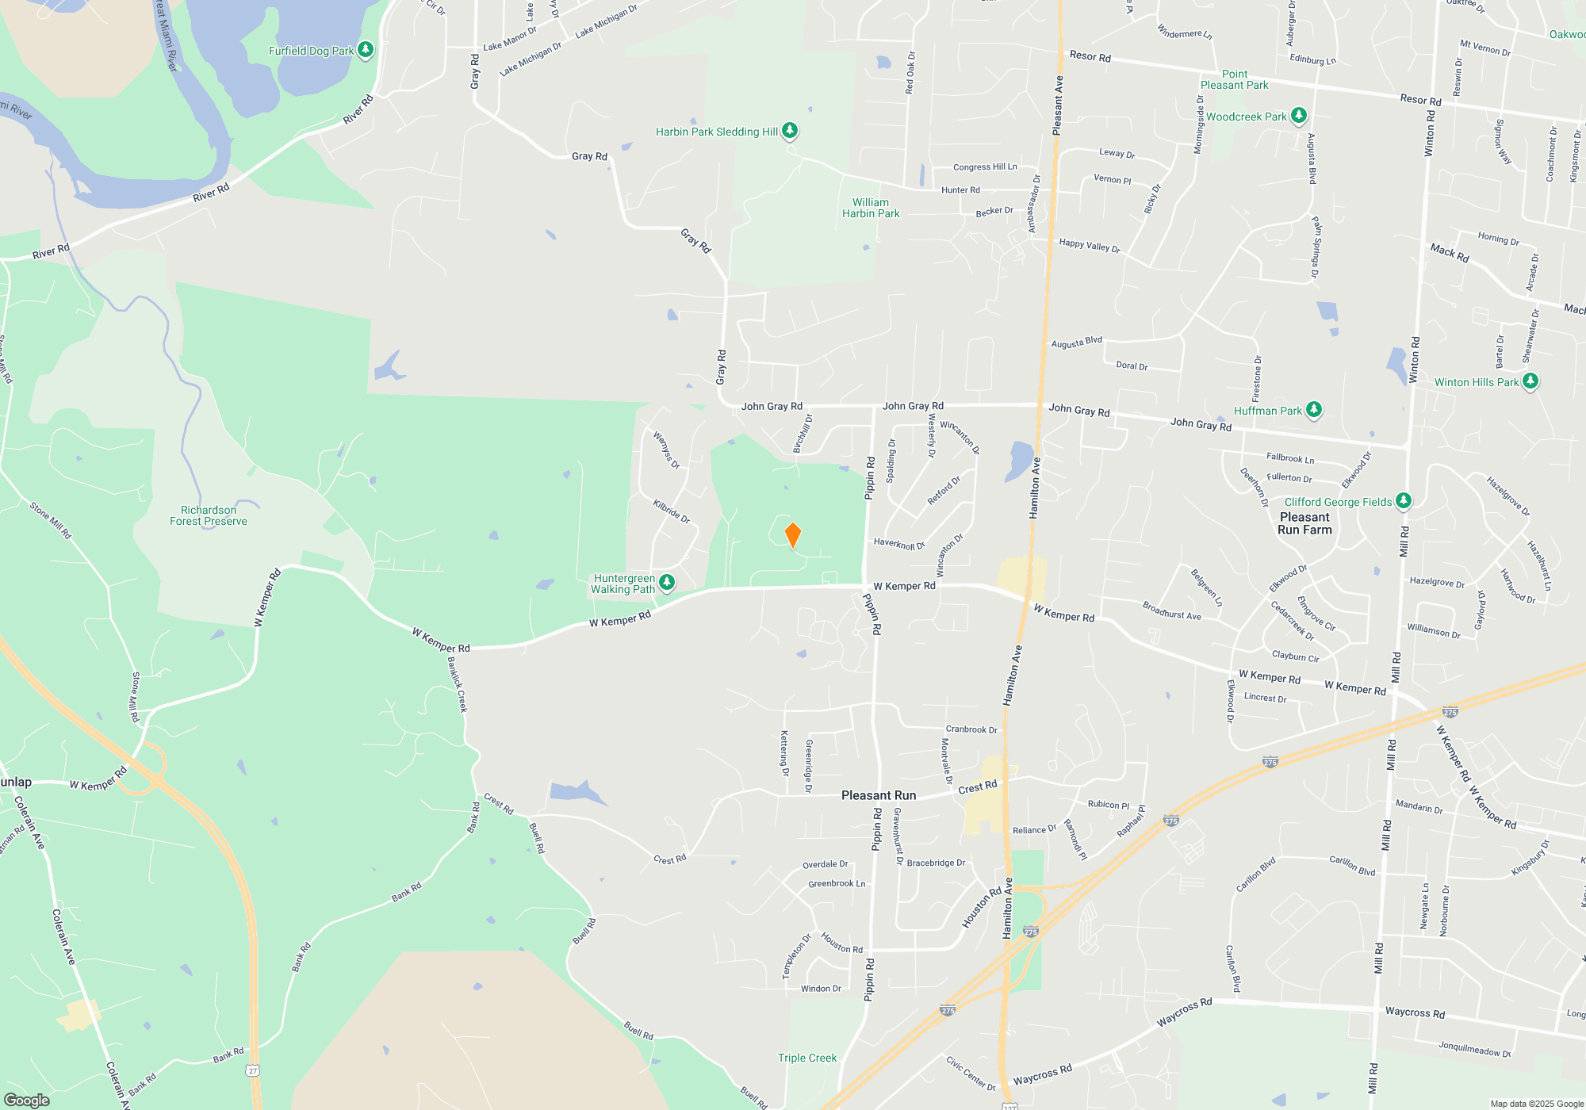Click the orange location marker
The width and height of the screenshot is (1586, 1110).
point(792,534)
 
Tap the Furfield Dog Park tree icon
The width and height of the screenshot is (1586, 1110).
point(366,50)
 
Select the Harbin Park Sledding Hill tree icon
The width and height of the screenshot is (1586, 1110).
point(790,130)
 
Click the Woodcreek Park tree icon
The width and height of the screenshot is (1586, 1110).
point(1298,116)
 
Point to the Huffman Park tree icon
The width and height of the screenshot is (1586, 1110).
point(1314,410)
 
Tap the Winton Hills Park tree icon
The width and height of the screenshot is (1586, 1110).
point(1530,381)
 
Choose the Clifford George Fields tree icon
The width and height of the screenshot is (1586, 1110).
point(1404,501)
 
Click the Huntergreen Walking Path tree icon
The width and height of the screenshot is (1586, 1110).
point(667,583)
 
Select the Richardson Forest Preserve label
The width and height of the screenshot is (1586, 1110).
point(209,515)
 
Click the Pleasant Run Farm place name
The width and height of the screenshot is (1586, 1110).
point(1304,523)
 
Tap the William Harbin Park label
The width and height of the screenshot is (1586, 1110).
point(871,208)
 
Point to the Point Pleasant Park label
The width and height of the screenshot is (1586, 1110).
point(1234,79)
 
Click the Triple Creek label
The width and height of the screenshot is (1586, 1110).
point(807,1058)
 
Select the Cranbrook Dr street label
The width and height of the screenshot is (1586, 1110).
point(971,729)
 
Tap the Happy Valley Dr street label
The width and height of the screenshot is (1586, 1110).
point(1090,246)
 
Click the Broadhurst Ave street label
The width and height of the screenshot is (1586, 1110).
point(1171,610)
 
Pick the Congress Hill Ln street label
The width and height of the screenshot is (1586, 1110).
point(985,166)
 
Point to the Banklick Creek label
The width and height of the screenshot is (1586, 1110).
point(458,684)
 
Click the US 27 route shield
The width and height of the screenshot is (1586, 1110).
point(252,1070)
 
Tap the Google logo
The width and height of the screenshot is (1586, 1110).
point(27,1100)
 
